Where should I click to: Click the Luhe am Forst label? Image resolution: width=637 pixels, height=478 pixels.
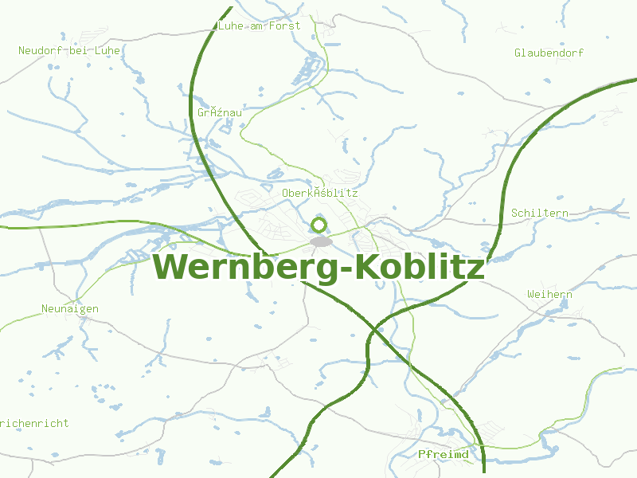(x=259, y=25)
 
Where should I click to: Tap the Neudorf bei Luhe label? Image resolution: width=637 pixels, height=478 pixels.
(x=68, y=50)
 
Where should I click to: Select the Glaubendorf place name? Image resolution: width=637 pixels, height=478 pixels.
(x=549, y=53)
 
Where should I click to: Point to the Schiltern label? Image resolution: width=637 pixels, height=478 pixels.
(x=540, y=214)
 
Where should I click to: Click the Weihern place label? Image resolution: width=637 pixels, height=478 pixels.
(x=549, y=295)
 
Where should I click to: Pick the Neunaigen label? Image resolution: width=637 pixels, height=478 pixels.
(x=70, y=308)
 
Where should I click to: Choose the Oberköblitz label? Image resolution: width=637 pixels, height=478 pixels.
(x=319, y=193)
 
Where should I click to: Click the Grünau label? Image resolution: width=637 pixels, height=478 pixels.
(x=219, y=113)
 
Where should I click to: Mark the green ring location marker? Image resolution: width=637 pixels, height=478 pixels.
(x=319, y=225)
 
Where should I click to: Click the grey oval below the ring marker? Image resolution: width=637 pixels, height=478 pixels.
(x=321, y=241)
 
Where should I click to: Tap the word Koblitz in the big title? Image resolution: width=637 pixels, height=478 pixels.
(x=420, y=267)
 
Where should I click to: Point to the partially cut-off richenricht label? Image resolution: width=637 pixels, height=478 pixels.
(x=34, y=424)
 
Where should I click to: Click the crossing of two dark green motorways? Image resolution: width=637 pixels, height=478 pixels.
(x=374, y=329)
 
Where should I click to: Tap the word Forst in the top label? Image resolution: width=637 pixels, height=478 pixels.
(x=285, y=25)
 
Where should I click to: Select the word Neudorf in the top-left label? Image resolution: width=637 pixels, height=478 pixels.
(x=40, y=50)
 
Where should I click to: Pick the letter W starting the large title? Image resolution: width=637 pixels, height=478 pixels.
(x=170, y=267)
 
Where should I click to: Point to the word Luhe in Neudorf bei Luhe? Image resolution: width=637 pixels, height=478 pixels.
(x=107, y=50)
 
